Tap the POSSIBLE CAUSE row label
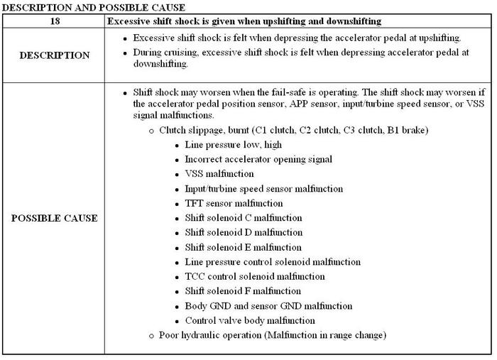click(x=54, y=218)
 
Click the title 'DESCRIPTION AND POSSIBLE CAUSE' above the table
click(x=92, y=7)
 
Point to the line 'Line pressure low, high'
click(x=233, y=145)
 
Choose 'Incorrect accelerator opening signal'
click(x=258, y=159)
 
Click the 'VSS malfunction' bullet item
click(x=219, y=174)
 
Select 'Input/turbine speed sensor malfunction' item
click(x=263, y=189)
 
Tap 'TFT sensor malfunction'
click(x=234, y=203)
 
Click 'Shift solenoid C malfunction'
click(x=243, y=218)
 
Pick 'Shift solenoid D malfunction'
click(x=244, y=232)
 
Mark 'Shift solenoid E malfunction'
click(x=243, y=247)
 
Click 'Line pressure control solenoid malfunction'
click(x=273, y=262)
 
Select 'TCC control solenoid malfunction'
click(x=255, y=276)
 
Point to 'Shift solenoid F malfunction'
click(x=243, y=291)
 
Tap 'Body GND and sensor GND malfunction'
click(x=268, y=306)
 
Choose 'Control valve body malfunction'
click(x=250, y=320)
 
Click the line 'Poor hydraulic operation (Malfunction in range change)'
click(x=273, y=335)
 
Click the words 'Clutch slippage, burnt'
click(x=209, y=131)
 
